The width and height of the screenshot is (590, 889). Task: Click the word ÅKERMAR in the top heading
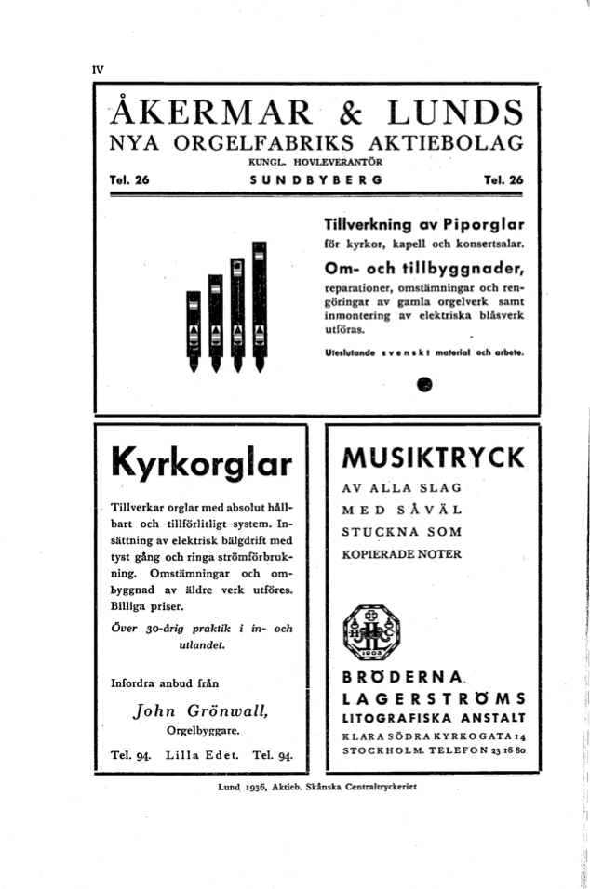pyautogui.click(x=207, y=113)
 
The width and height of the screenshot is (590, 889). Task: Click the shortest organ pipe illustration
pyautogui.click(x=194, y=330)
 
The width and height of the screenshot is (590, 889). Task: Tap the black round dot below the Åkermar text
pyautogui.click(x=425, y=382)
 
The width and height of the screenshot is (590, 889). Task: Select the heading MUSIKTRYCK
pyautogui.click(x=433, y=458)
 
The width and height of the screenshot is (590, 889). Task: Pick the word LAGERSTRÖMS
pyautogui.click(x=434, y=698)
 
